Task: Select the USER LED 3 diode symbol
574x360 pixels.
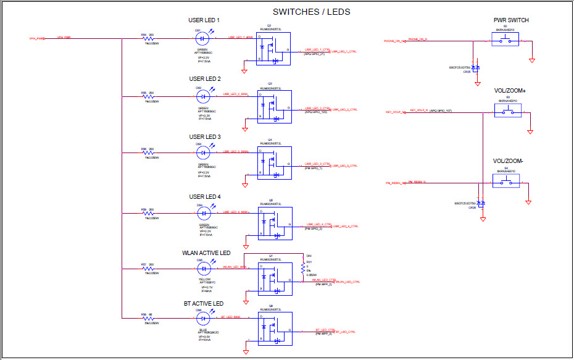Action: pyautogui.click(x=201, y=152)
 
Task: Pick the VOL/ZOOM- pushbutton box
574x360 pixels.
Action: pyautogui.click(x=506, y=182)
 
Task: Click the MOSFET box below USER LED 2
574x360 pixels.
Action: pyautogui.click(x=274, y=106)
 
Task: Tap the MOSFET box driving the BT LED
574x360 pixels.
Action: pyautogui.click(x=274, y=328)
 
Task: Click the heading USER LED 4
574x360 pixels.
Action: pyautogui.click(x=205, y=197)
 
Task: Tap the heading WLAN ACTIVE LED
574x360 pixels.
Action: pyautogui.click(x=206, y=253)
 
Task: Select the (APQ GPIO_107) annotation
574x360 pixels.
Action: pyautogui.click(x=441, y=111)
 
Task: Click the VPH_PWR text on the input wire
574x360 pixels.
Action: pyautogui.click(x=64, y=38)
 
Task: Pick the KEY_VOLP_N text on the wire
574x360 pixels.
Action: pyautogui.click(x=419, y=111)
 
